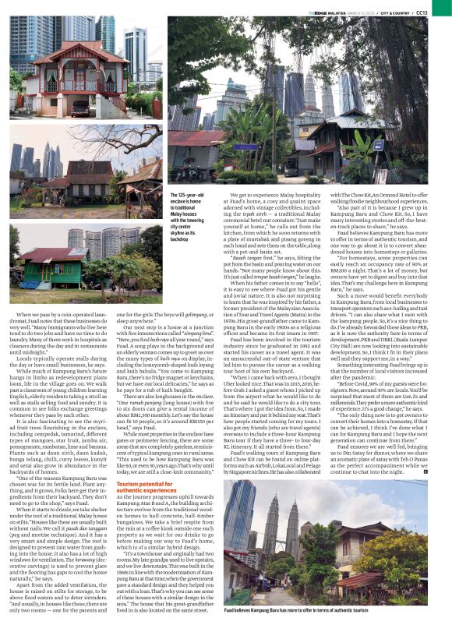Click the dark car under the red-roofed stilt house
[80, 108]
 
